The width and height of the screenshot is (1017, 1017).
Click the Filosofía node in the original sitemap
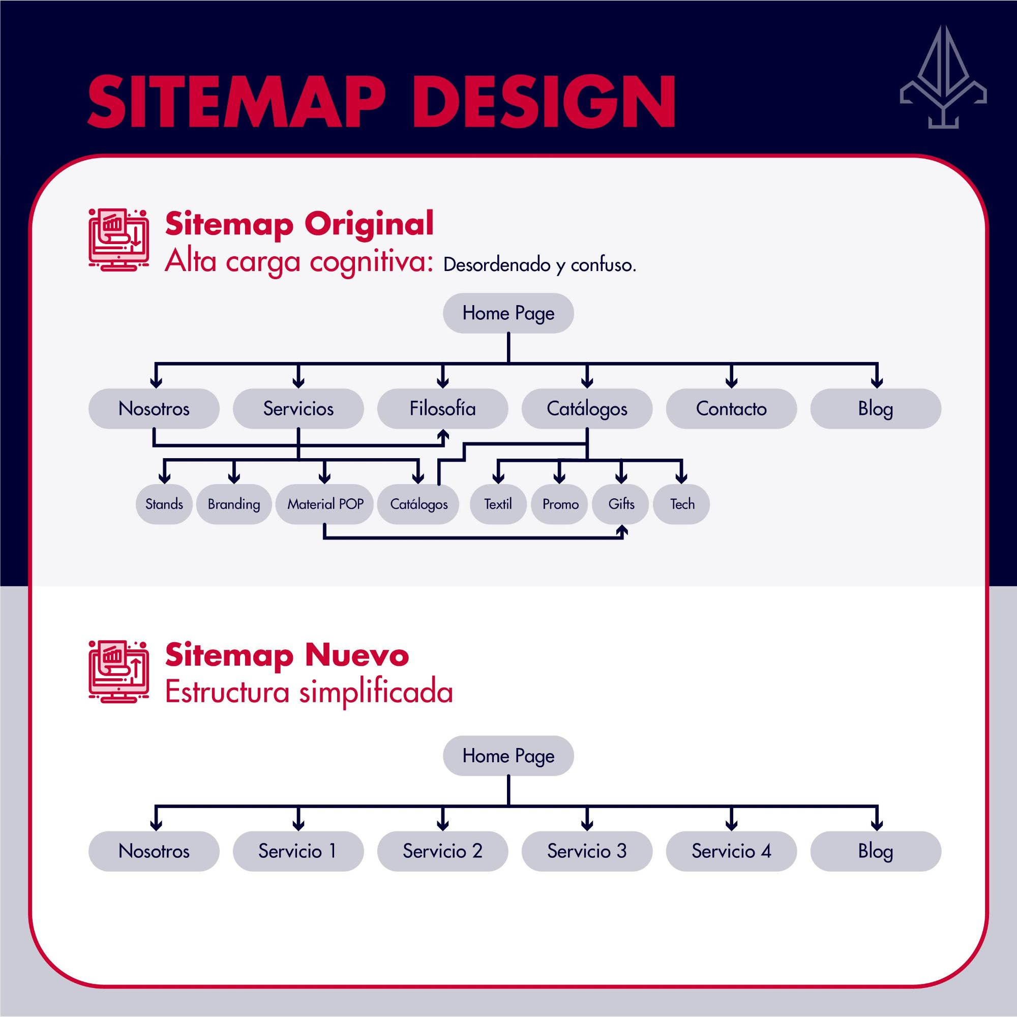[442, 408]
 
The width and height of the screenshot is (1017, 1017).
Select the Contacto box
[731, 408]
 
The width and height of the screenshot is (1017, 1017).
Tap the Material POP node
[325, 504]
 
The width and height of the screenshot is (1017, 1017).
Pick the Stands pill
[164, 504]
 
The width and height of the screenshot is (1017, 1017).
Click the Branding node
[234, 504]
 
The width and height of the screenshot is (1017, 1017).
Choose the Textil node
[498, 504]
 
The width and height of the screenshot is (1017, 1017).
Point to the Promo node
[560, 504]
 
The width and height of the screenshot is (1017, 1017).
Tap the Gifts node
[621, 504]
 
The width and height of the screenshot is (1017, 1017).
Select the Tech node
[682, 504]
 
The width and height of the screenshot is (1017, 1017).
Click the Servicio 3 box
[587, 851]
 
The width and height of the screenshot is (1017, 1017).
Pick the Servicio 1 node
[298, 851]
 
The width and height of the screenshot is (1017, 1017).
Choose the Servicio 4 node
[731, 851]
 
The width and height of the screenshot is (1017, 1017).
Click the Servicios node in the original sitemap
[298, 408]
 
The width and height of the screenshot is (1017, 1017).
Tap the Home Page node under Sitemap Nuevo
[508, 756]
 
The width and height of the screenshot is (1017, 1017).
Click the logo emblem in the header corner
[943, 77]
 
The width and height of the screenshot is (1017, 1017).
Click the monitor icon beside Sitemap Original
[119, 240]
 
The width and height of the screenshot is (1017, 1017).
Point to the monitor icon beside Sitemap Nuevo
[119, 672]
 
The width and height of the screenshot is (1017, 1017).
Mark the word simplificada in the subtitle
[376, 693]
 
